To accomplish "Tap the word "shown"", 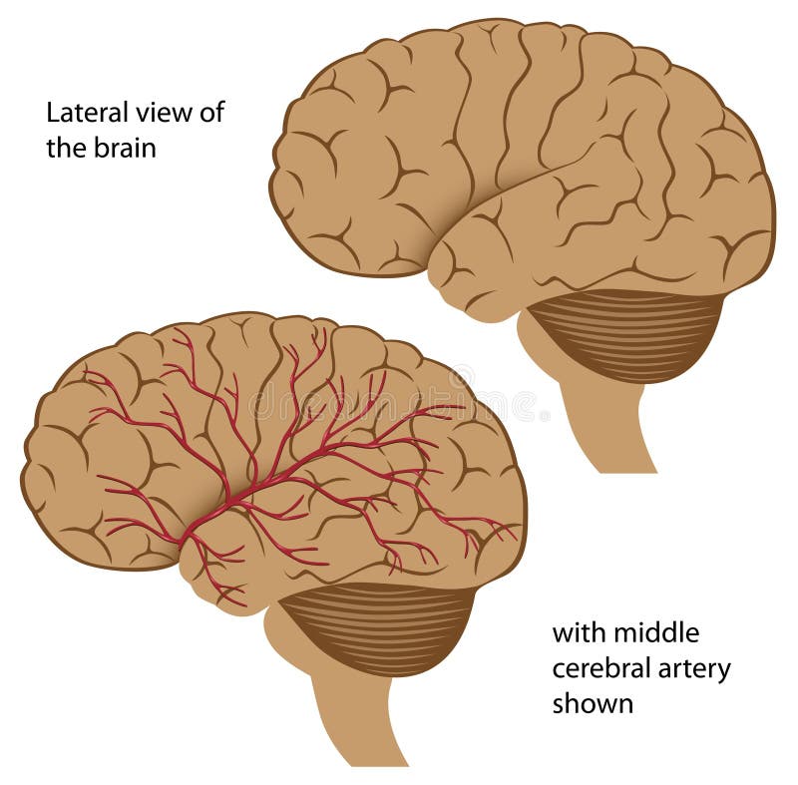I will click(x=593, y=704).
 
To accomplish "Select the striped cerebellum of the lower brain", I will click(x=379, y=626).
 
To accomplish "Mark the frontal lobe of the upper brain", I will click(x=349, y=150).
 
